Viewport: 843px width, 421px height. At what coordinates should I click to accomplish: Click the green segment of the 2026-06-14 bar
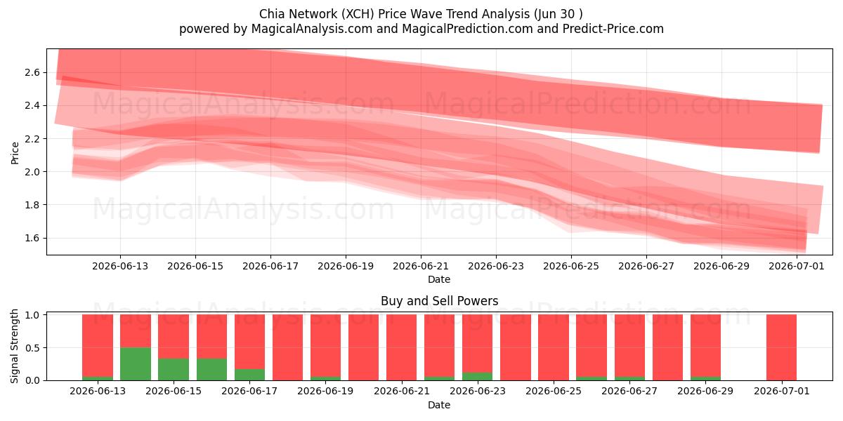136,364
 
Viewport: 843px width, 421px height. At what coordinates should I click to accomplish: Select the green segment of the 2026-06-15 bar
174,370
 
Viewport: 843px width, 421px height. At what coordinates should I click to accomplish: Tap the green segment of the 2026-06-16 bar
211,370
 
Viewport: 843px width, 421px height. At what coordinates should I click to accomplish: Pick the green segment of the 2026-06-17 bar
249,375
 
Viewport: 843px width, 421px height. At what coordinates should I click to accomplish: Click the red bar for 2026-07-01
781,347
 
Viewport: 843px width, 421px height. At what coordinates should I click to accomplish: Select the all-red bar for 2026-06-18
287,347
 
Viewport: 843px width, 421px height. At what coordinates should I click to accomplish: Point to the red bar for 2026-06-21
402,347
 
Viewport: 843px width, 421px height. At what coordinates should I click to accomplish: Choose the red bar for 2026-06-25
554,347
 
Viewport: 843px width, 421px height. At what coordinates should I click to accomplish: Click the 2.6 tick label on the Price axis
32,72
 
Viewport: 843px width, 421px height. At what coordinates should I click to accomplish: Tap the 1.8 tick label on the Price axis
32,205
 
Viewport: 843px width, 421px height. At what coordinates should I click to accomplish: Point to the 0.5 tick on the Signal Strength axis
32,348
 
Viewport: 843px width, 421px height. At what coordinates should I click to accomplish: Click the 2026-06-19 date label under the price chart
346,266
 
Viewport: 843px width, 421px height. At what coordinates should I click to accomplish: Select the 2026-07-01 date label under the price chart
797,266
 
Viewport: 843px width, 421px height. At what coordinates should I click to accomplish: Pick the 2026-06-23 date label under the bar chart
478,391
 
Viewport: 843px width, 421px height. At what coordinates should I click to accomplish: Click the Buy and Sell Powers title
439,301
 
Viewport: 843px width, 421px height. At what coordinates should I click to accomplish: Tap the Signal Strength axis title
14,346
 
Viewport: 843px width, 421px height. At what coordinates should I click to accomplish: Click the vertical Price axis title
15,153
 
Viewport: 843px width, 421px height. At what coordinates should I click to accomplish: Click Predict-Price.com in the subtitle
613,29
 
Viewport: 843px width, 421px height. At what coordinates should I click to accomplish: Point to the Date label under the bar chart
439,405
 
